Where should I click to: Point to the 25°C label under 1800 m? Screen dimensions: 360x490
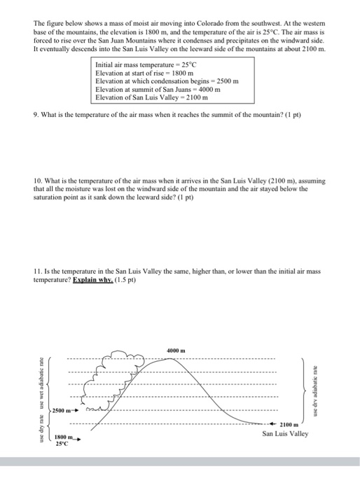coord(64,444)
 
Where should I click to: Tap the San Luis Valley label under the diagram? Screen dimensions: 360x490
coord(285,434)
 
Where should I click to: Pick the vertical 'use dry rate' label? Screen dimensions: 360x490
coord(42,428)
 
